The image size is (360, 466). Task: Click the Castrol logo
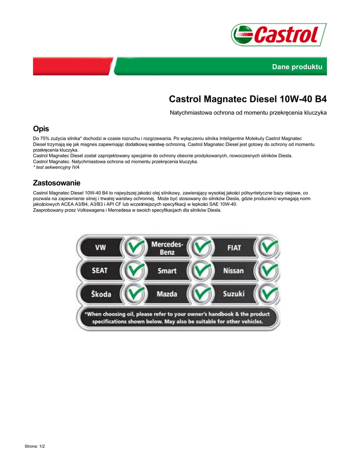click(279, 35)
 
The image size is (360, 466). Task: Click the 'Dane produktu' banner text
click(297, 67)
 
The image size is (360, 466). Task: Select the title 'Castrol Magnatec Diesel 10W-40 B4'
click(248, 99)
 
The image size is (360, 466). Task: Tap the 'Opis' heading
click(41, 129)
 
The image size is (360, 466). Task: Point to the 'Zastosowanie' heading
click(56, 183)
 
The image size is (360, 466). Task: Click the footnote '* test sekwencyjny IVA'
click(53, 167)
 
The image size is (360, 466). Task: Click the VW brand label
click(100, 248)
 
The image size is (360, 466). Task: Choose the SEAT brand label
click(100, 271)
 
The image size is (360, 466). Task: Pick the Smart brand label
click(167, 271)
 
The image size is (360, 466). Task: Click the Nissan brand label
click(233, 271)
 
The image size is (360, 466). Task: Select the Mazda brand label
click(167, 294)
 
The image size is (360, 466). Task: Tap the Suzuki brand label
click(233, 294)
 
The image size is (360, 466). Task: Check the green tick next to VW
click(133, 248)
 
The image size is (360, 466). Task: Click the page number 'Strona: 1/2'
click(35, 446)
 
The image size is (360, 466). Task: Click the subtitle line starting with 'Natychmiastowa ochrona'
click(248, 112)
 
